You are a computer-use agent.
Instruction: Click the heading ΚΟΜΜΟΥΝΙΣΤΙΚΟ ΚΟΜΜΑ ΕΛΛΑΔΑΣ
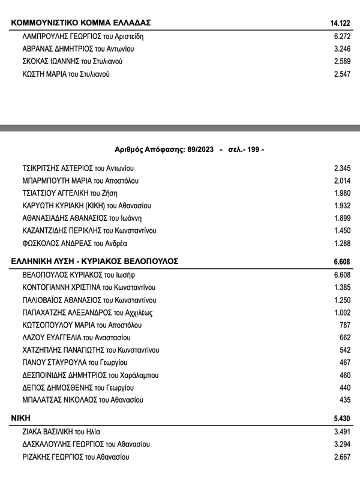pos(81,23)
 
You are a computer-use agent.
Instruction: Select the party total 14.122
pos(339,23)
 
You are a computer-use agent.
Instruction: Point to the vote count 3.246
pos(341,49)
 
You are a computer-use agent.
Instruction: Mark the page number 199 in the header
pos(253,149)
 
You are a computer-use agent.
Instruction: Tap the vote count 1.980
pos(341,193)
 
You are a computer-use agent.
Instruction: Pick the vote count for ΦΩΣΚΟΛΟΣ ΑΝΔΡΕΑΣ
pos(341,244)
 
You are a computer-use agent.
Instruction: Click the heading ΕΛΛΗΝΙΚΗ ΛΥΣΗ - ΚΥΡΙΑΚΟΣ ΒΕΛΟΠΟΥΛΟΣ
pos(95,262)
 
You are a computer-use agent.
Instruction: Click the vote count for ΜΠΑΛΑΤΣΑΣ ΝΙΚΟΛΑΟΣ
pos(344,400)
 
